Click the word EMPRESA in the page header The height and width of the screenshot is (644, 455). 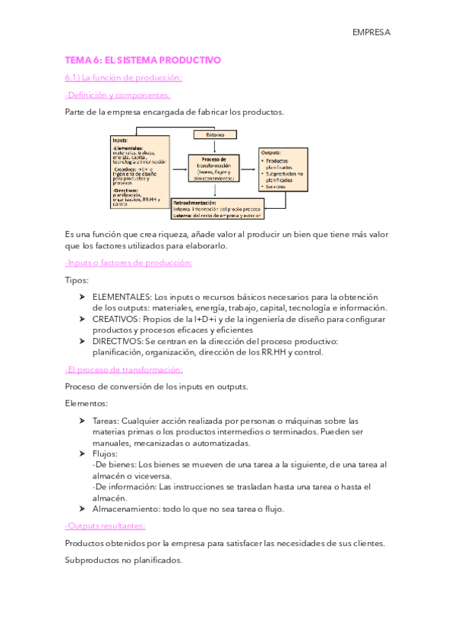click(x=371, y=32)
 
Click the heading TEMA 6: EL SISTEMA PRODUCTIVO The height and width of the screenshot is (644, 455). click(x=142, y=59)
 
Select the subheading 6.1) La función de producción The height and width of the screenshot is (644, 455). click(x=123, y=77)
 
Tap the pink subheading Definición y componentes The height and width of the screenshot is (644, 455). click(x=118, y=95)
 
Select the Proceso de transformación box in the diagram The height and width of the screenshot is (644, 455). click(x=213, y=168)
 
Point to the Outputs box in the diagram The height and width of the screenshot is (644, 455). click(x=283, y=168)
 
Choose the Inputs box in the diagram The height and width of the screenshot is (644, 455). click(x=140, y=172)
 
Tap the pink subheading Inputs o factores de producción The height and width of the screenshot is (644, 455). click(x=128, y=263)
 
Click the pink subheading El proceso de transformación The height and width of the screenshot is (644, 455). click(x=124, y=369)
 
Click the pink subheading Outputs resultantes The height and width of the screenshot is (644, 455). click(x=105, y=526)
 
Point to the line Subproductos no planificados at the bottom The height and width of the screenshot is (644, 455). click(x=124, y=560)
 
